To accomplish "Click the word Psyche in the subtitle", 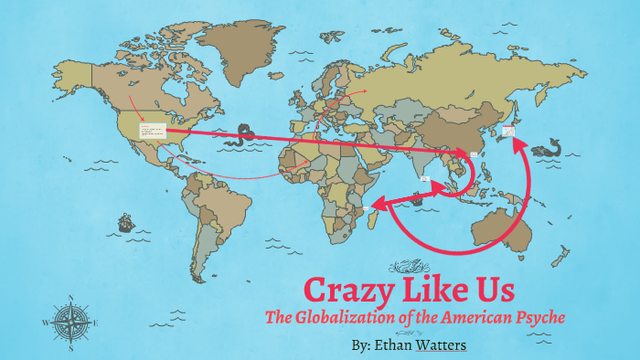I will (539, 318).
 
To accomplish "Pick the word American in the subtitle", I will (465, 318).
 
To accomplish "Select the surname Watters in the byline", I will (441, 346).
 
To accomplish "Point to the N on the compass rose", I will (71, 298).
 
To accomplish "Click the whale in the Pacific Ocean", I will (549, 146).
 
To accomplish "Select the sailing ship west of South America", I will (125, 222).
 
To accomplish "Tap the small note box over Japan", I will (507, 132).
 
